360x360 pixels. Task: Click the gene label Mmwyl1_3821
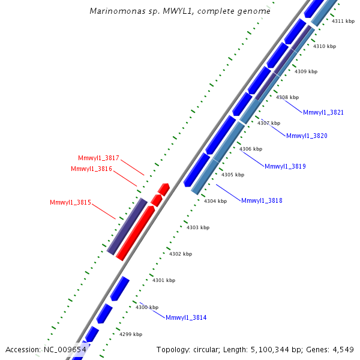tap(323, 112)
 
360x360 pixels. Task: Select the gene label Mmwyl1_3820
tap(306, 136)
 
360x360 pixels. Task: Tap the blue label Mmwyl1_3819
tap(285, 166)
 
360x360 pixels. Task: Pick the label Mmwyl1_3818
tap(262, 200)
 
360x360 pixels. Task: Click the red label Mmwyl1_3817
tap(98, 158)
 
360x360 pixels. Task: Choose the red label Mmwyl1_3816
tap(91, 169)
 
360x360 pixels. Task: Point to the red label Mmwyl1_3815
tap(70, 203)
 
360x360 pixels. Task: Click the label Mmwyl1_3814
tap(186, 317)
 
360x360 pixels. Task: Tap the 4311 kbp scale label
tap(343, 21)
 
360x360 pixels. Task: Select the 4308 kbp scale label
tap(287, 97)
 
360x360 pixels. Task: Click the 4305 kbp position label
tap(233, 175)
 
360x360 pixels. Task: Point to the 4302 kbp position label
tap(181, 254)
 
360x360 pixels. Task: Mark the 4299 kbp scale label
tap(131, 334)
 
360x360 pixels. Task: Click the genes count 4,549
tap(341, 349)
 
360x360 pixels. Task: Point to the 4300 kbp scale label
tap(147, 307)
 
